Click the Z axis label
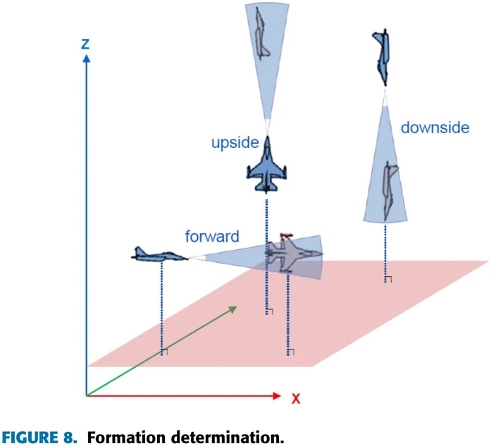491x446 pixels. pyautogui.click(x=85, y=44)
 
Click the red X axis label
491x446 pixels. pyautogui.click(x=296, y=399)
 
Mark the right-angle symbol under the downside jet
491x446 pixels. pyautogui.click(x=388, y=279)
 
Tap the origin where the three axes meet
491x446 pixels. pyautogui.click(x=87, y=396)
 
